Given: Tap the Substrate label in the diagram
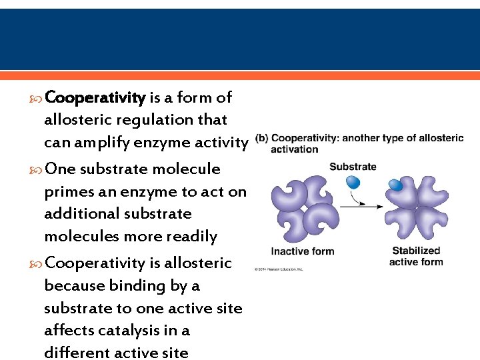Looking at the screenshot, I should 353,167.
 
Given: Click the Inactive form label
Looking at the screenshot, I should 303,251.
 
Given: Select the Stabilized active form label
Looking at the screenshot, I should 416,256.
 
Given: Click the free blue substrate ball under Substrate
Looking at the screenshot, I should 353,182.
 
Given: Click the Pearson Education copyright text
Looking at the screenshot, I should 279,269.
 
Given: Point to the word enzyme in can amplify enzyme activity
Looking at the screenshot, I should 157,143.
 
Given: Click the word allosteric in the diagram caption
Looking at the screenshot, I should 438,139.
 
